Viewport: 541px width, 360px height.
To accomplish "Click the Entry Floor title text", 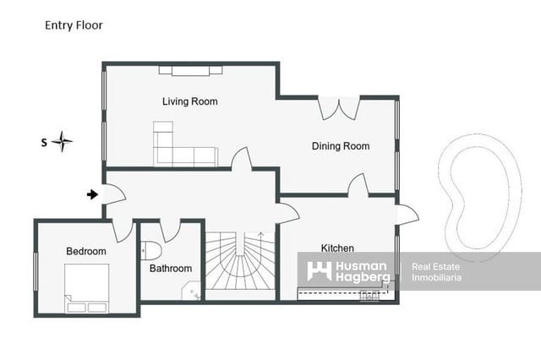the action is tap(74, 25).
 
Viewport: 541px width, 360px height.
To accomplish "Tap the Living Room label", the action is tap(190, 101).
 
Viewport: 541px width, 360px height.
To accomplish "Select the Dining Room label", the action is tap(341, 146).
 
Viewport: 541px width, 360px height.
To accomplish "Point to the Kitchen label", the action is tap(337, 248).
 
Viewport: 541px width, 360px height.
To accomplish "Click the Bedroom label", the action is tap(86, 251).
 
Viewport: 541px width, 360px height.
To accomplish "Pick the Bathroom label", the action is tap(171, 268).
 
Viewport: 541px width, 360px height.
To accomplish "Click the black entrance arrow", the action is tap(92, 195).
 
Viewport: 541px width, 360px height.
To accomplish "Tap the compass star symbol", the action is tap(62, 141).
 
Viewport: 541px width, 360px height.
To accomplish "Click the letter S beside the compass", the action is tap(44, 143).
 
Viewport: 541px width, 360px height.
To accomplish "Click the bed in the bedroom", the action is tap(86, 288).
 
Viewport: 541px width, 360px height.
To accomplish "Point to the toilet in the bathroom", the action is tap(151, 250).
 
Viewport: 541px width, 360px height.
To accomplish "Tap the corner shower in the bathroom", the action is tap(192, 292).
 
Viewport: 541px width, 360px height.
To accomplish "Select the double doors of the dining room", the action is tap(339, 108).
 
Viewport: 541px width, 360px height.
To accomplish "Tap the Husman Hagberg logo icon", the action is tap(320, 271).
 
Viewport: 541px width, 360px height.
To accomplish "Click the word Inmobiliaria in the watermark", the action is tap(436, 277).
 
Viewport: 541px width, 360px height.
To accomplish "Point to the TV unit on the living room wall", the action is tap(190, 70).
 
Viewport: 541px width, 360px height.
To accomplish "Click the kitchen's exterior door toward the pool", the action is tap(407, 215).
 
